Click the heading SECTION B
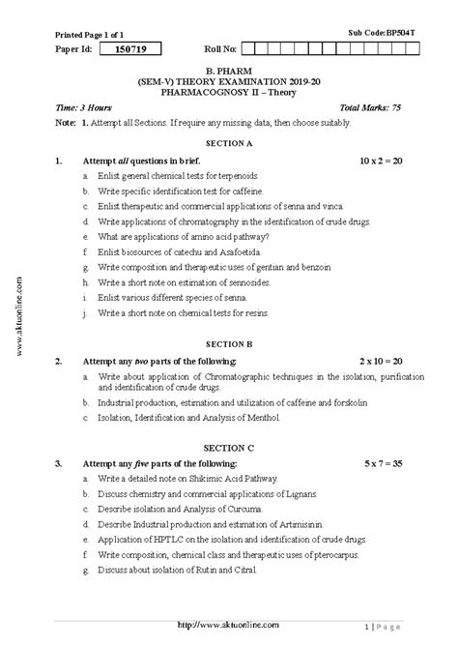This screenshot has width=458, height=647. click(x=229, y=343)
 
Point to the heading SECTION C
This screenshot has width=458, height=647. click(x=229, y=448)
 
